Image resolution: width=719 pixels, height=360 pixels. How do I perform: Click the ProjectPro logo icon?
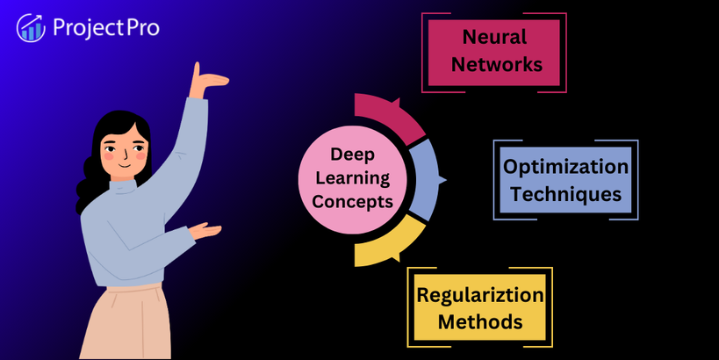pyautogui.click(x=31, y=28)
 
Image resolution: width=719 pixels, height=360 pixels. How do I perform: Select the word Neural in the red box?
pyautogui.click(x=495, y=37)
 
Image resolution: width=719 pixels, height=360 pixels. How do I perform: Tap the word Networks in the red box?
pyautogui.click(x=495, y=64)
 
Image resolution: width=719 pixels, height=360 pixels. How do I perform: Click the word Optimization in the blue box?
pyautogui.click(x=565, y=167)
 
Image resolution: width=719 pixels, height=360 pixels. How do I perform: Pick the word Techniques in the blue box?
pyautogui.click(x=565, y=193)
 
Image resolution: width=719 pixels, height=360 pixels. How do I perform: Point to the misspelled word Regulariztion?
pyautogui.click(x=480, y=295)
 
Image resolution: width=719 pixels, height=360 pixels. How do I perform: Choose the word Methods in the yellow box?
pyautogui.click(x=480, y=321)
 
